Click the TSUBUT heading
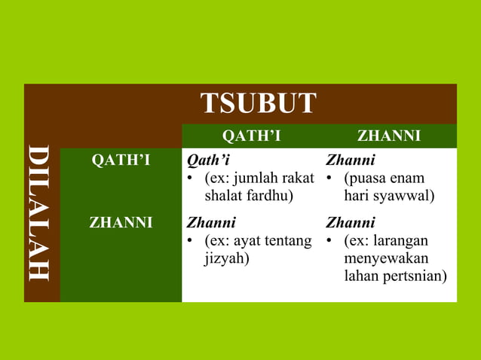pos(258,103)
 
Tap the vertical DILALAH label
pos(40,213)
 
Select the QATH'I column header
pos(252,136)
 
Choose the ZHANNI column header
pos(389,136)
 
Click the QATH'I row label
pos(121,160)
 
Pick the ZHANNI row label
pos(121,223)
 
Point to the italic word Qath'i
pos(208,160)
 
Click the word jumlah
pos(256,178)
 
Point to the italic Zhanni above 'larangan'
pos(350,223)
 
